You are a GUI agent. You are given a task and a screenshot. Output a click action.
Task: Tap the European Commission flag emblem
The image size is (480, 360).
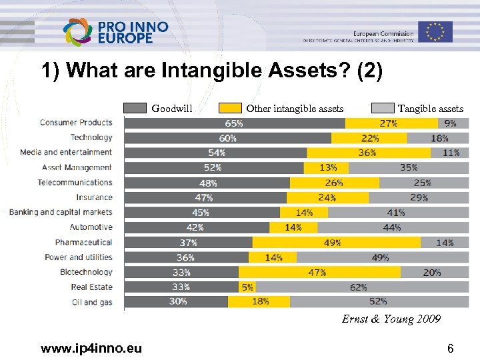pos(435,31)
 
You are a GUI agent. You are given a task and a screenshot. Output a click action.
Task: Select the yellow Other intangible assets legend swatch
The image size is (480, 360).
pos(230,109)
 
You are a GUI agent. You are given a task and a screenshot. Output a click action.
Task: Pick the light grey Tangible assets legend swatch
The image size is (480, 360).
pos(382,109)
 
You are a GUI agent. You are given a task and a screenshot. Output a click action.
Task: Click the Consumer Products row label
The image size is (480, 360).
pos(75,123)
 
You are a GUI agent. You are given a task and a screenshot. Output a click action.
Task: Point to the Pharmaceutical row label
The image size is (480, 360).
pos(83,243)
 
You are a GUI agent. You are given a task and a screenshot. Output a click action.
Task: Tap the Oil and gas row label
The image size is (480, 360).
pos(92,302)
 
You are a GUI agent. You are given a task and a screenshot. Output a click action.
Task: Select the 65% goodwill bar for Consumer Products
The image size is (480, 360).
pos(235,123)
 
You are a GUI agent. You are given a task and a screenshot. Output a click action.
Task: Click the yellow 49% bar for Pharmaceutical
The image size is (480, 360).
pos(336,243)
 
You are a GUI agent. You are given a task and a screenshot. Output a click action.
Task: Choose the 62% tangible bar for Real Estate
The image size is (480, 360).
pos(357,287)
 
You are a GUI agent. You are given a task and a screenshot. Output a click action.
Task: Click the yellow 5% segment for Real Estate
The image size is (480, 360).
pos(247,287)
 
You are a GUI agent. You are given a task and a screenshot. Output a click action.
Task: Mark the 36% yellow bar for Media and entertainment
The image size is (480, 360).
pos(366,153)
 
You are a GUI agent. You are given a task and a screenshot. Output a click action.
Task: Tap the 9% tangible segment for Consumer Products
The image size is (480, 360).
pos(450,123)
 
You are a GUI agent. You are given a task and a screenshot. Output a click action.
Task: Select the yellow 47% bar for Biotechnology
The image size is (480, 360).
pos(319,273)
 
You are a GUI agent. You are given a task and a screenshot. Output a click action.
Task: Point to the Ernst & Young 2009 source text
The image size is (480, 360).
pos(391,319)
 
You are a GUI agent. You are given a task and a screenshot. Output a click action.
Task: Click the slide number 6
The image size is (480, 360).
pos(450,347)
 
